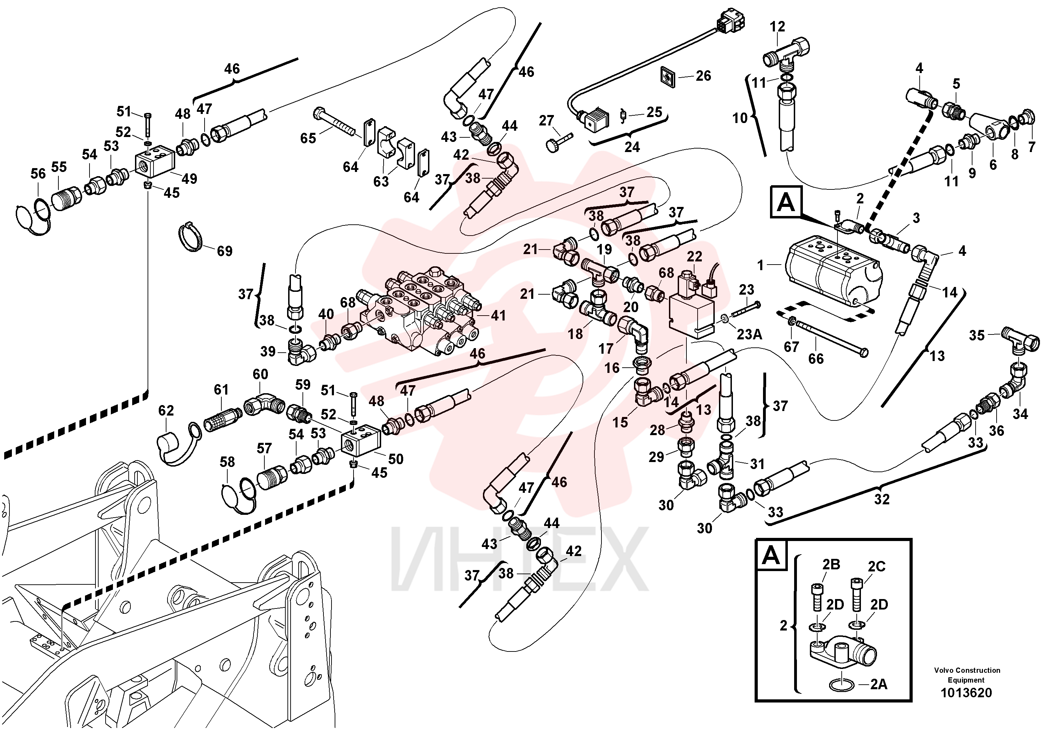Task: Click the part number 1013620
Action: (x=966, y=693)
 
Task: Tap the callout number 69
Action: (x=224, y=251)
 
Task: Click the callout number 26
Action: (x=703, y=76)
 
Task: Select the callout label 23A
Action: (x=749, y=334)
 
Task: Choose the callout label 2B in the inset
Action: (x=831, y=564)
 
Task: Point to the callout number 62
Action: (x=166, y=411)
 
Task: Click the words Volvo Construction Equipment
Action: (x=966, y=675)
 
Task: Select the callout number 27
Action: (x=546, y=121)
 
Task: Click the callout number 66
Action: (x=816, y=359)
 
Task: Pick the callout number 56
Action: (x=38, y=174)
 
